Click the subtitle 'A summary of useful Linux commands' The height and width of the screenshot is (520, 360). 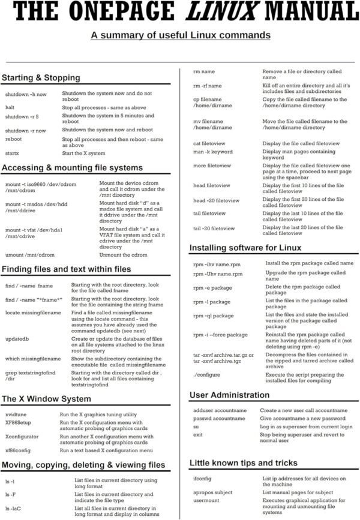pyautogui.click(x=180, y=35)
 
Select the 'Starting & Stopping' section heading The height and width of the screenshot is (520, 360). pyautogui.click(x=40, y=78)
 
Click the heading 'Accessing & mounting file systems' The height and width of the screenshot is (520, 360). pyautogui.click(x=72, y=167)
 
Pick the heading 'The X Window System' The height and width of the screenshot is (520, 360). pyautogui.click(x=47, y=398)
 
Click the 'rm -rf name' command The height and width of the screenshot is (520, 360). pyautogui.click(x=207, y=86)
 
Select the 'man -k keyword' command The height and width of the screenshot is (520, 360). pyautogui.click(x=212, y=152)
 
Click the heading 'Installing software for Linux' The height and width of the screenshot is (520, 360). pyautogui.click(x=245, y=247)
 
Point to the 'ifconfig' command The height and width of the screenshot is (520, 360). pyautogui.click(x=202, y=478)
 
